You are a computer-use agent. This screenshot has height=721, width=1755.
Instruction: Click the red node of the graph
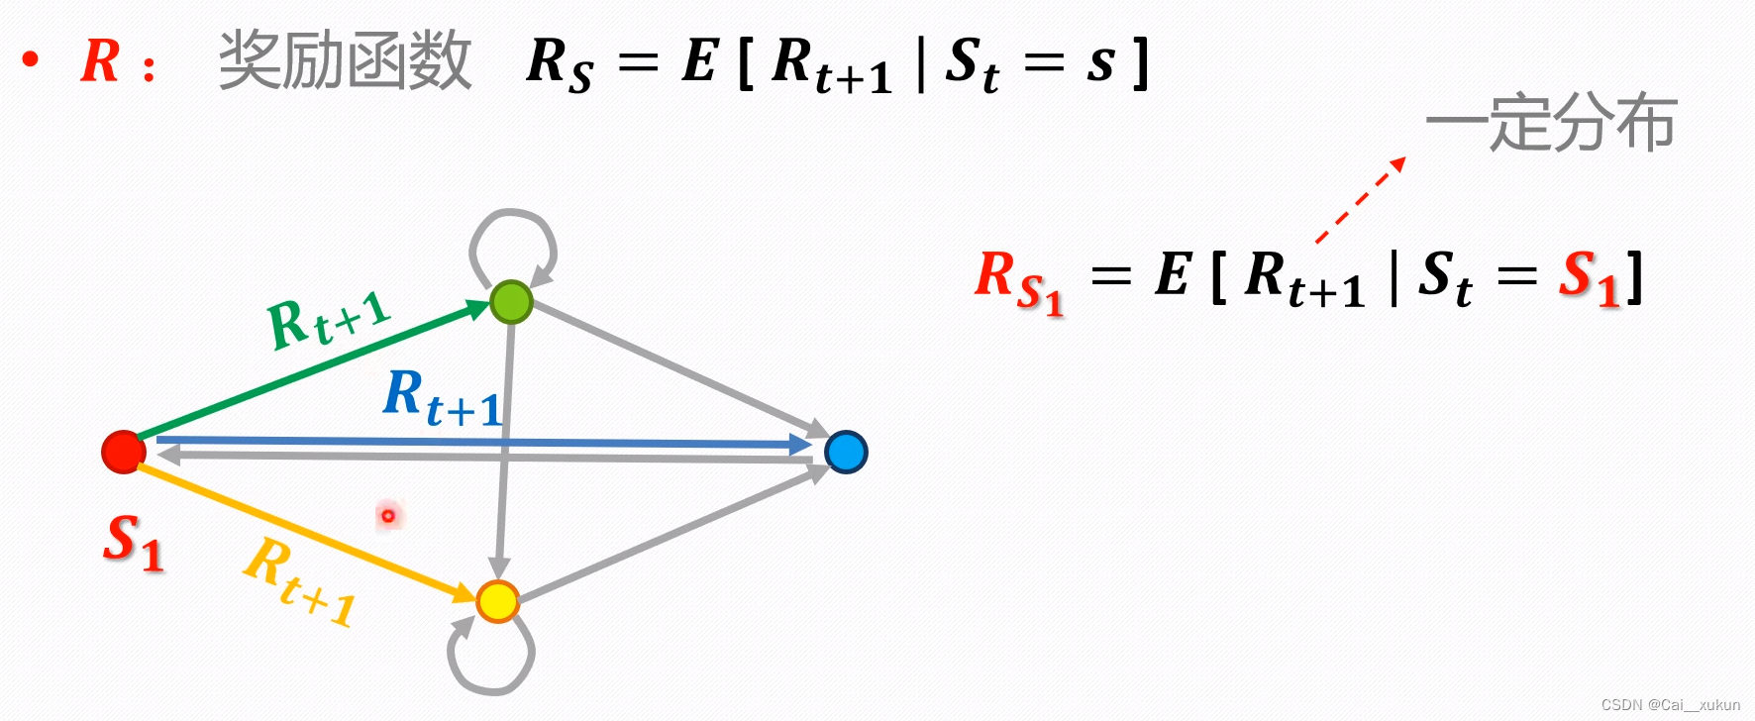[x=124, y=452]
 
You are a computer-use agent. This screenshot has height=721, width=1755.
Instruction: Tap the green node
[x=511, y=302]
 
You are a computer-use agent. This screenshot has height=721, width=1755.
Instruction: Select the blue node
[x=846, y=452]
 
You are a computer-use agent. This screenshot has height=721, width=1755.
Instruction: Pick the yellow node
[x=497, y=600]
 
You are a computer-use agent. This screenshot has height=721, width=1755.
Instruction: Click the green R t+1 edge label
[x=329, y=320]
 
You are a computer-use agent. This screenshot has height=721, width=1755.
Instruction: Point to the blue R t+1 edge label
[x=443, y=397]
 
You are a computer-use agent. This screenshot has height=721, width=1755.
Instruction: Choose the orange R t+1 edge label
[x=300, y=582]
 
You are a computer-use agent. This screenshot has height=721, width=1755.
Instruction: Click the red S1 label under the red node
[x=134, y=543]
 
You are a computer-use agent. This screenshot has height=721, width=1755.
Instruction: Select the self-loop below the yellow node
[x=491, y=656]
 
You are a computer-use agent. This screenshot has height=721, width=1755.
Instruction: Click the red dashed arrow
[x=1360, y=200]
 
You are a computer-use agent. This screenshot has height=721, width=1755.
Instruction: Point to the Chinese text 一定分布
[x=1551, y=124]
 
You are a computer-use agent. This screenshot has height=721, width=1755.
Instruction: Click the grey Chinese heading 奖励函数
[x=345, y=60]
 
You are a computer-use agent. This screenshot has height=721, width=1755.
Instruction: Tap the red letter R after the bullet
[x=100, y=61]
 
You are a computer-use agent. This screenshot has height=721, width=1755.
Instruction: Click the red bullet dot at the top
[x=31, y=60]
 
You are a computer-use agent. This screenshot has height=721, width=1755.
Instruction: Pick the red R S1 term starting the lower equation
[x=1018, y=280]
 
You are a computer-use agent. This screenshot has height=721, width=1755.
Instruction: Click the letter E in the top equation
[x=699, y=61]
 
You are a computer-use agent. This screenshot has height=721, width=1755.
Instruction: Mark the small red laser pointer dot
[x=388, y=515]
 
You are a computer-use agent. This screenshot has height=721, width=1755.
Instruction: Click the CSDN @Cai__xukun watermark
[x=1670, y=705]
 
